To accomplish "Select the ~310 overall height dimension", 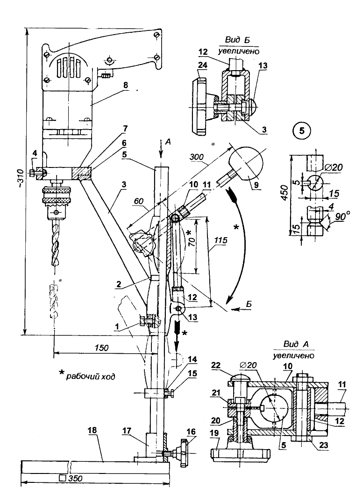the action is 20,182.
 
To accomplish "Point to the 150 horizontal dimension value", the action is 101,348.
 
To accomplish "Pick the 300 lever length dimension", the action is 197,157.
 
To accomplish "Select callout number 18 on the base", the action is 92,430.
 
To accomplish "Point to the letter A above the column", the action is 168,142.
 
